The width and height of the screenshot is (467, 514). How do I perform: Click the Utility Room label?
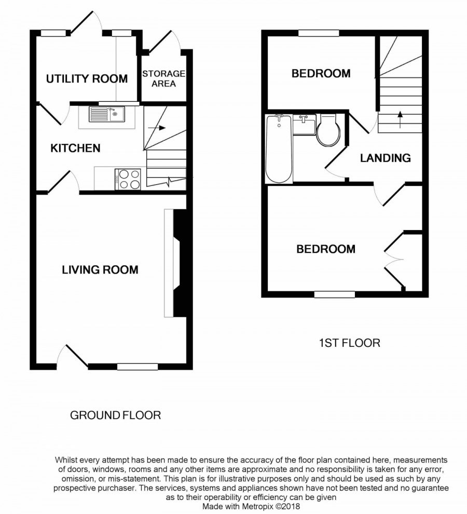[x=87, y=79]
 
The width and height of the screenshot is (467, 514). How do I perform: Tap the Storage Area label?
[x=163, y=78]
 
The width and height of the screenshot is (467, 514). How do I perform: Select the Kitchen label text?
[x=75, y=148]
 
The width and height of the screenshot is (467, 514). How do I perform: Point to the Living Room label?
[x=100, y=270]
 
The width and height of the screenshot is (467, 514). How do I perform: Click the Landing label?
[x=386, y=158]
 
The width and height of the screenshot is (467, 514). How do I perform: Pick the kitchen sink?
[x=107, y=114]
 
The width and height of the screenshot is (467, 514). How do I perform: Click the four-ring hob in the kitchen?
[x=128, y=179]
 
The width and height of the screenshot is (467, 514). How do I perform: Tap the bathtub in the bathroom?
[x=279, y=149]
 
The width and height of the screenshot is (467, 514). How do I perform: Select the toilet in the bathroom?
[x=328, y=130]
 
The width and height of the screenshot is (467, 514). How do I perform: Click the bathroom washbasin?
[x=305, y=124]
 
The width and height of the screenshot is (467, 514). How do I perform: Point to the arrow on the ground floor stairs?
[x=157, y=128]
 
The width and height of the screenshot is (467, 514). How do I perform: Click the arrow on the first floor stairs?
[x=400, y=119]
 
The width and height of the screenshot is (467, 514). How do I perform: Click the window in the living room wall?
[x=138, y=367]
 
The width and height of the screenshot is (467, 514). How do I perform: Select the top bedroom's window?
[x=319, y=33]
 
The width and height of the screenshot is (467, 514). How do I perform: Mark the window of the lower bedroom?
[x=335, y=294]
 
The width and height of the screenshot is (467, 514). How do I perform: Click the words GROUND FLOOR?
[x=115, y=415]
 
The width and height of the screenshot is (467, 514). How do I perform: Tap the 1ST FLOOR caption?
[x=349, y=343]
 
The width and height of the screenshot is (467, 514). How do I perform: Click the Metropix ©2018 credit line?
[x=251, y=506]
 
